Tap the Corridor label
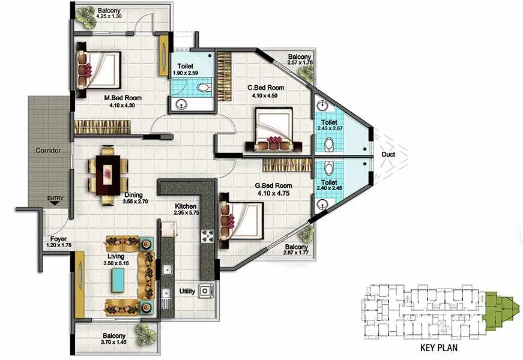[47, 151]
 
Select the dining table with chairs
[108, 174]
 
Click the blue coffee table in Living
[119, 278]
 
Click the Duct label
[389, 155]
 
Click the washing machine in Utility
[206, 291]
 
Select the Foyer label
[58, 238]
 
